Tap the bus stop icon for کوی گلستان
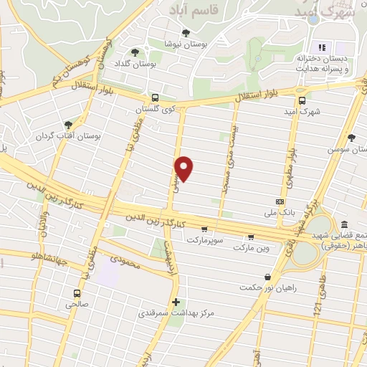click(x=155, y=98)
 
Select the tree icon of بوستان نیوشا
click(x=186, y=32)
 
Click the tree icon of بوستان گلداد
click(x=135, y=52)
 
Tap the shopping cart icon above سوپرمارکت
click(x=205, y=230)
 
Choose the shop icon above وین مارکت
click(x=250, y=237)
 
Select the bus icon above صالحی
click(x=77, y=292)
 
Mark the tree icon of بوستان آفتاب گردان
click(x=68, y=123)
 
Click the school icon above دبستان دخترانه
click(x=322, y=47)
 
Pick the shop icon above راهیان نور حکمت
click(x=267, y=277)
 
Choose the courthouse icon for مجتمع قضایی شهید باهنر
click(x=345, y=224)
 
